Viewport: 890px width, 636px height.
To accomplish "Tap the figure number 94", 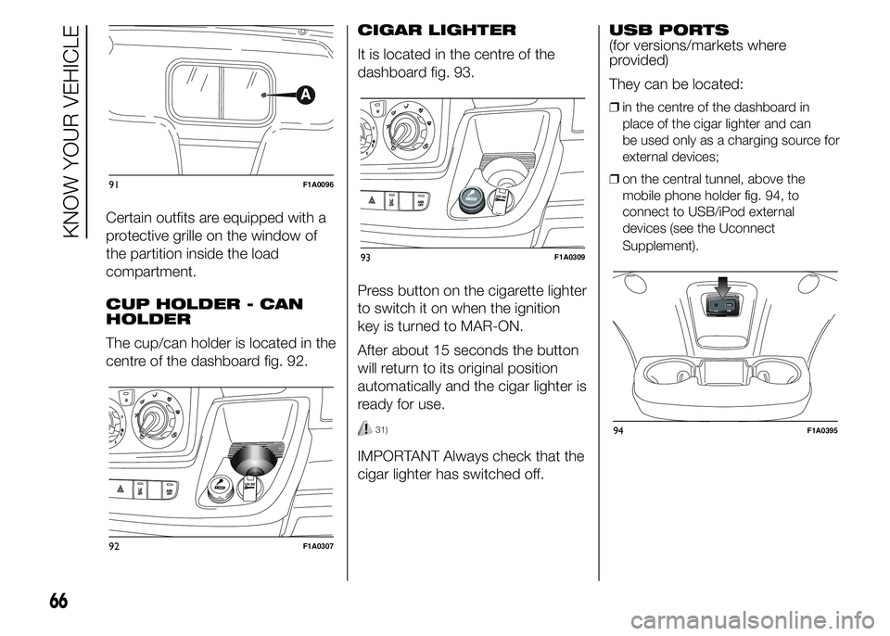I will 617,430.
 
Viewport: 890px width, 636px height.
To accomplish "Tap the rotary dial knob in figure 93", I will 402,132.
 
